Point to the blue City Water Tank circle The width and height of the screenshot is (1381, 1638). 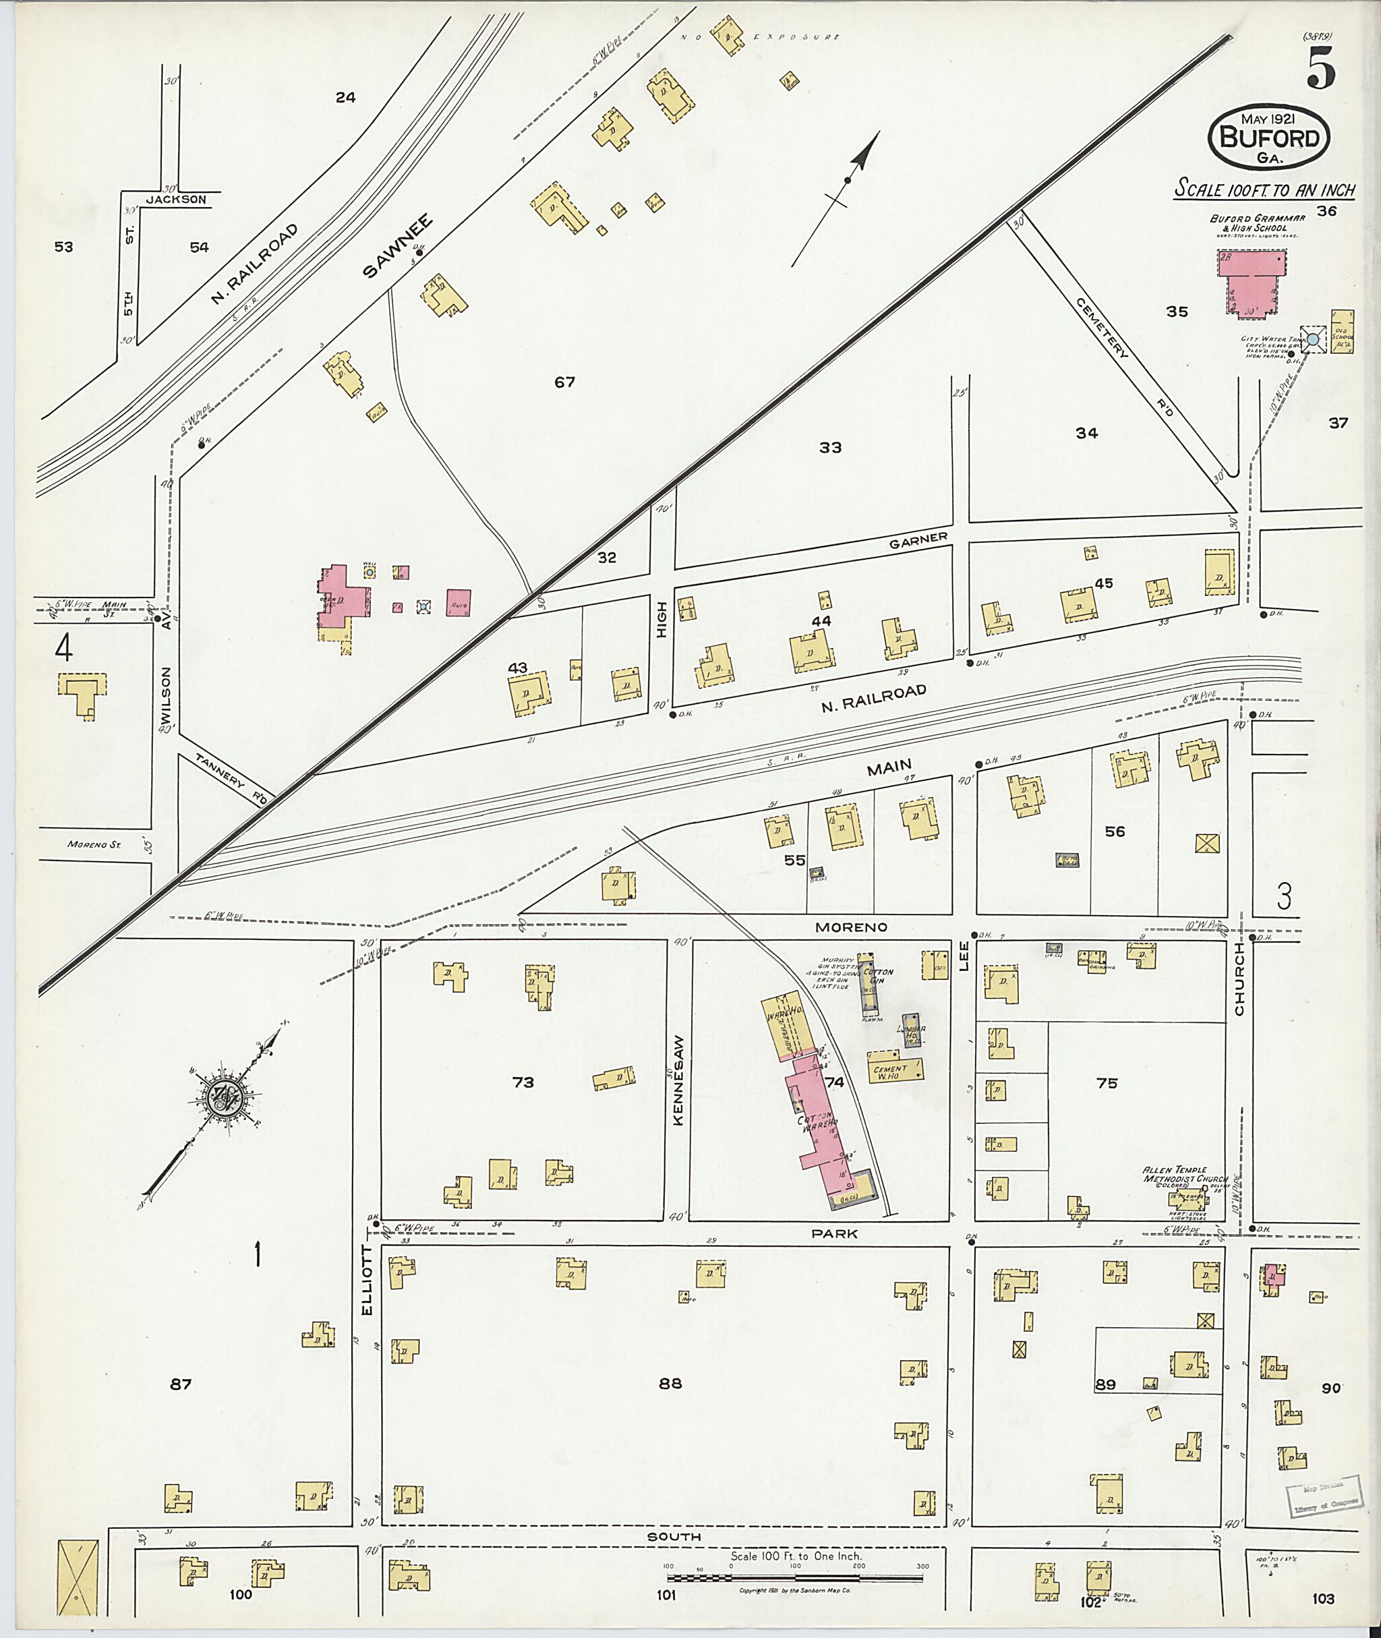(x=1314, y=339)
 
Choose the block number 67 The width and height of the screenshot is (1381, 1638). (x=564, y=382)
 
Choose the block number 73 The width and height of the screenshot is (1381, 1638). (x=523, y=1082)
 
